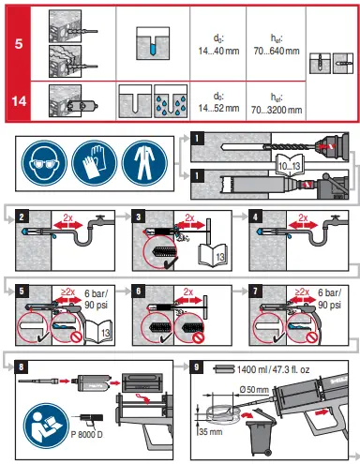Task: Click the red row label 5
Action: tap(18, 42)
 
